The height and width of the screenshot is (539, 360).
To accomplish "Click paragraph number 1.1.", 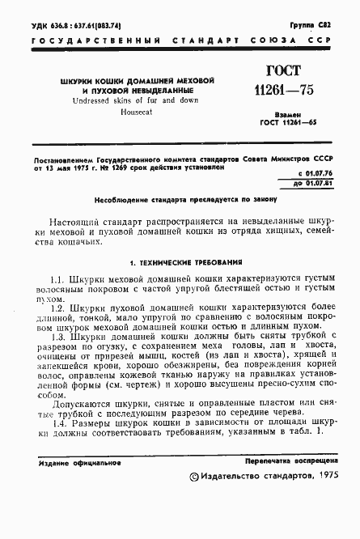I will (58, 279).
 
